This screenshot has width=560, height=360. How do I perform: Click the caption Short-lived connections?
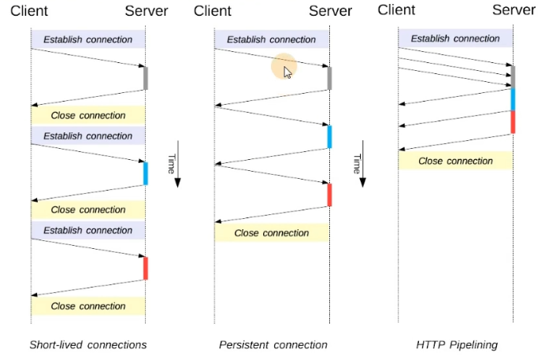(x=88, y=345)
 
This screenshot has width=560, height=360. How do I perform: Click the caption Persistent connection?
(x=273, y=345)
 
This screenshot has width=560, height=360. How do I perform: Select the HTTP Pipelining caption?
(x=457, y=345)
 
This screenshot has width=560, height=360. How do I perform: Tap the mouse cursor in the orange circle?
(x=287, y=72)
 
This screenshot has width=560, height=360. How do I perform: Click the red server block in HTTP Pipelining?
(x=513, y=122)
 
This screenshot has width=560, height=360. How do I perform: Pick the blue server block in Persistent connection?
(x=329, y=137)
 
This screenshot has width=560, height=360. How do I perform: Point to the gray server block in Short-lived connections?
(x=146, y=78)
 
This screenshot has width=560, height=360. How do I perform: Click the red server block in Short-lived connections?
(x=146, y=268)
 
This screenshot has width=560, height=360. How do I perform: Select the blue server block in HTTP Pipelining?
(x=513, y=99)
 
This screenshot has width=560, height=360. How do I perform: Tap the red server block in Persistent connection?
(x=329, y=195)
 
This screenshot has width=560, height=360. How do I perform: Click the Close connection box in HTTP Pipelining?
(x=455, y=161)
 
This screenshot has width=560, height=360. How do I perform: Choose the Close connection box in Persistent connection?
(x=272, y=233)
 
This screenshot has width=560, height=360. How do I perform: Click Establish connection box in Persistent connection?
(x=272, y=39)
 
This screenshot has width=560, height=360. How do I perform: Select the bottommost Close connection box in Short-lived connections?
(x=88, y=306)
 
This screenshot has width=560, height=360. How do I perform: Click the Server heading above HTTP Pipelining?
(x=514, y=10)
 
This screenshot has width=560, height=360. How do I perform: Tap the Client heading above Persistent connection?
(x=213, y=11)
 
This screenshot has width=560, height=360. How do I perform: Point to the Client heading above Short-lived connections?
(x=29, y=11)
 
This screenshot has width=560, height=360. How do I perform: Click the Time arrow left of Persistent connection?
(x=177, y=164)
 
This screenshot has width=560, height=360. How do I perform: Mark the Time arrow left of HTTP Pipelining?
(x=362, y=164)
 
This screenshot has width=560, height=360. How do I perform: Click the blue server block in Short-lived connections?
(x=146, y=173)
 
